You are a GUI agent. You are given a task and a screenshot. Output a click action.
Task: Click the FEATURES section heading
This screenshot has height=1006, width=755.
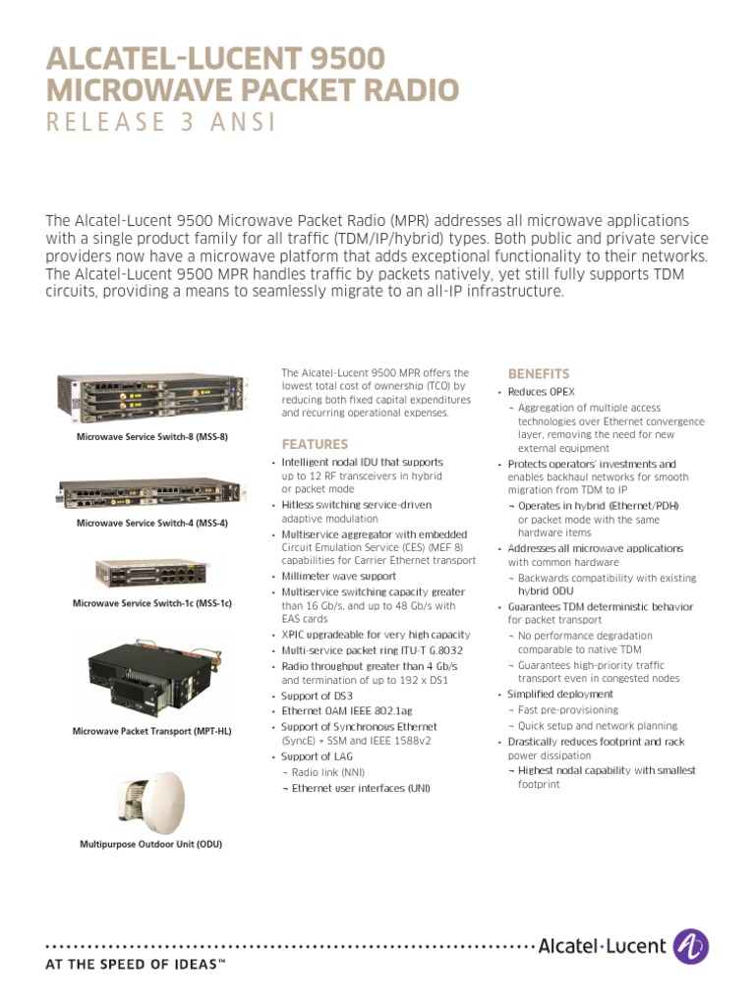click(315, 444)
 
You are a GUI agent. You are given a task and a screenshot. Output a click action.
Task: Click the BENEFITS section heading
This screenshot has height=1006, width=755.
click(538, 374)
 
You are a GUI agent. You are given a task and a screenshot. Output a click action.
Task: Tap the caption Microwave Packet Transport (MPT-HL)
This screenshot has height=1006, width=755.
click(152, 731)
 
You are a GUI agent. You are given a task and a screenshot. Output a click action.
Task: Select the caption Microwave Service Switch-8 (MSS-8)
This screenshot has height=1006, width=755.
click(152, 435)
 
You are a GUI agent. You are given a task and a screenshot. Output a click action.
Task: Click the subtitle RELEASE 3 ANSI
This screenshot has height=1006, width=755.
click(161, 124)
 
